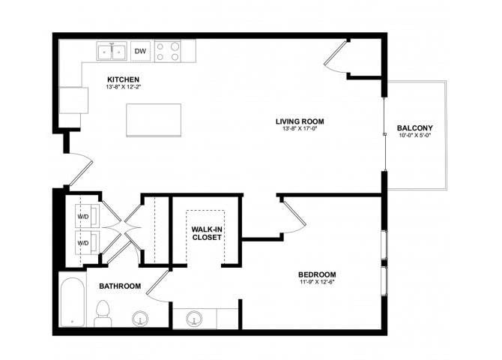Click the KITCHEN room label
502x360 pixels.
[124, 79]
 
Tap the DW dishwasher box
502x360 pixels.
[139, 52]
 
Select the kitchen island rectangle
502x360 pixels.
[154, 120]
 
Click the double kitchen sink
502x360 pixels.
[112, 52]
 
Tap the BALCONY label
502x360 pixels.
[414, 127]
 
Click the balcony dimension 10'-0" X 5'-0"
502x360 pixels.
[414, 136]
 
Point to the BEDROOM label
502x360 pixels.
[317, 274]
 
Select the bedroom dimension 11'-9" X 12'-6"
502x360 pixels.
[317, 282]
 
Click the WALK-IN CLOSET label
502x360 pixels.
[206, 232]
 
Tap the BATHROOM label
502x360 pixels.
[120, 286]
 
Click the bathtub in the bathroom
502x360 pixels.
[73, 302]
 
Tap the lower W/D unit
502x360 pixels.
[82, 244]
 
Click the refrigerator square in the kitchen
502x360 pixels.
[74, 100]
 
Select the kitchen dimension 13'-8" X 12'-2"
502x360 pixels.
[124, 88]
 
